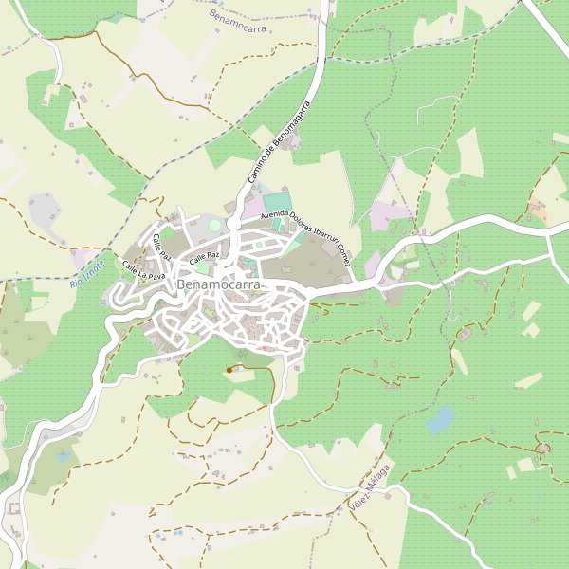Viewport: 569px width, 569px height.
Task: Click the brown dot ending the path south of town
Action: (229, 369)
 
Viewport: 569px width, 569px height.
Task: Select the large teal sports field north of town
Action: (277, 202)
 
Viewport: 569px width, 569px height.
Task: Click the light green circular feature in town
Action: (215, 226)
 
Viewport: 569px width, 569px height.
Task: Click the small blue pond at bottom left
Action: (64, 456)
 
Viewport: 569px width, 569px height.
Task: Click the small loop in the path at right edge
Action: (542, 446)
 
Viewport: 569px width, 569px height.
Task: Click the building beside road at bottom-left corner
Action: (13, 509)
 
